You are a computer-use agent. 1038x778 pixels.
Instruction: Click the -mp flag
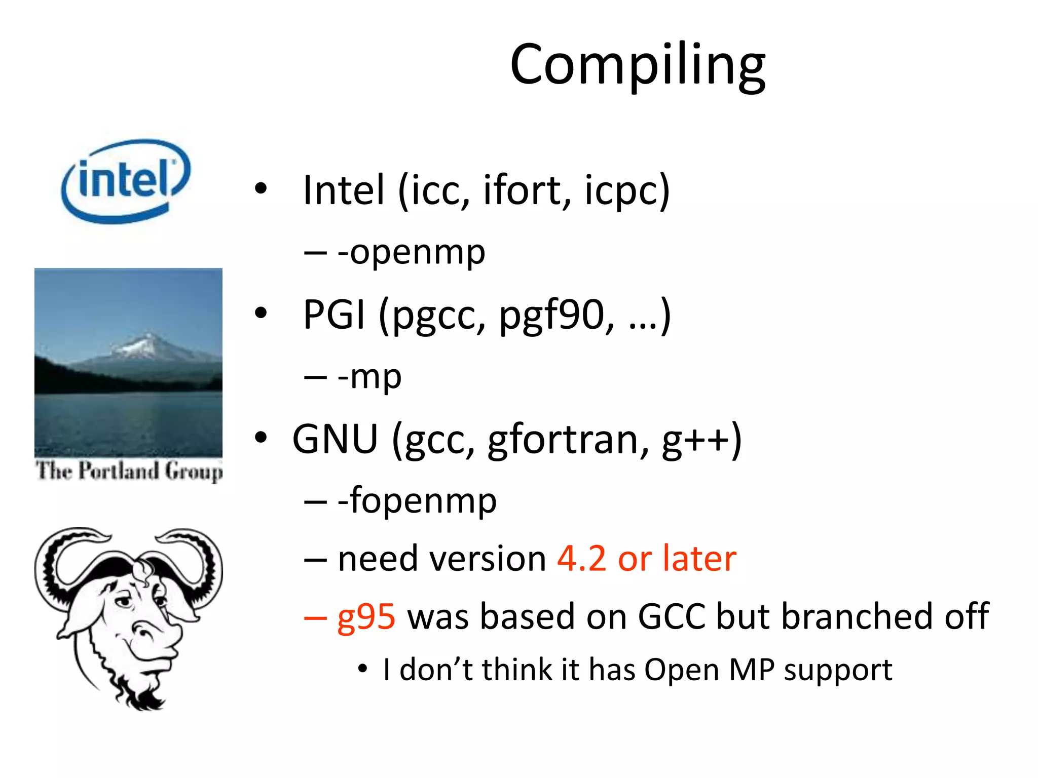(369, 377)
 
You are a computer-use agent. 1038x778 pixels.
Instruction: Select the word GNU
(335, 439)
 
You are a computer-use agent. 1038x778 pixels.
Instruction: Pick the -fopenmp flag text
(417, 501)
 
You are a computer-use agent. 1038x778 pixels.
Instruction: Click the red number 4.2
(581, 559)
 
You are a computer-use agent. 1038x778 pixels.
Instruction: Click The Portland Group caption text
(129, 471)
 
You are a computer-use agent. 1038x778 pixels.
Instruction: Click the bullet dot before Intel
(261, 189)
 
